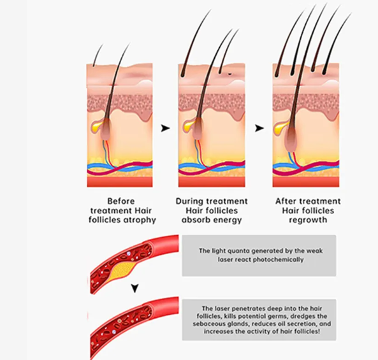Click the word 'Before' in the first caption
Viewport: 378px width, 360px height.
(121, 201)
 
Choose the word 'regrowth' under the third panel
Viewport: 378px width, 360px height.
(308, 220)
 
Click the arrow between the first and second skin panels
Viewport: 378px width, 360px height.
(165, 128)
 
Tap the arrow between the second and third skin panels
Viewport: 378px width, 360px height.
(259, 128)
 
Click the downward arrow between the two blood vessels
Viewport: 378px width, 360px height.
(135, 288)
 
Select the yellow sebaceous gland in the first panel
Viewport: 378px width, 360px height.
(97, 126)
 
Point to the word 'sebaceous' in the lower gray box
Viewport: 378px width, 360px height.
(208, 324)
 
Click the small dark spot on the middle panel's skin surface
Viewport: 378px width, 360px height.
(229, 74)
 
